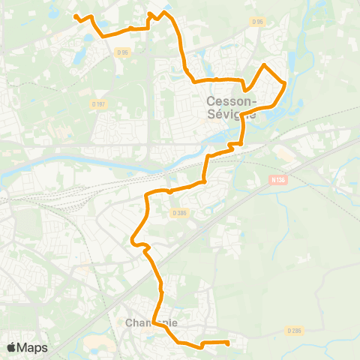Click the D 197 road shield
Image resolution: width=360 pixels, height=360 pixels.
97,103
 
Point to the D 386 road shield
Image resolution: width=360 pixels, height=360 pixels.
178,213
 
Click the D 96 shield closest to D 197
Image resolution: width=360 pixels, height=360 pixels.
124,52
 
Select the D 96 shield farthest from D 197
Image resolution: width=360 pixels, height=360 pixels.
258,22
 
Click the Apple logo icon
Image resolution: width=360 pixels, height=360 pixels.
11,347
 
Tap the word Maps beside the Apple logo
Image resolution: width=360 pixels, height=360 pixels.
32,347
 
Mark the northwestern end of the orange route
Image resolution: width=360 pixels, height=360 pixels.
76,15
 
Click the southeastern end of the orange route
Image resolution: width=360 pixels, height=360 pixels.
226,343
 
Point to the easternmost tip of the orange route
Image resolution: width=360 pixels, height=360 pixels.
285,84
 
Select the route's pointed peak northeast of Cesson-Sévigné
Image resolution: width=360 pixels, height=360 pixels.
264,65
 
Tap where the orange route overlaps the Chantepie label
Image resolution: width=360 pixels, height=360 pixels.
154,321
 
